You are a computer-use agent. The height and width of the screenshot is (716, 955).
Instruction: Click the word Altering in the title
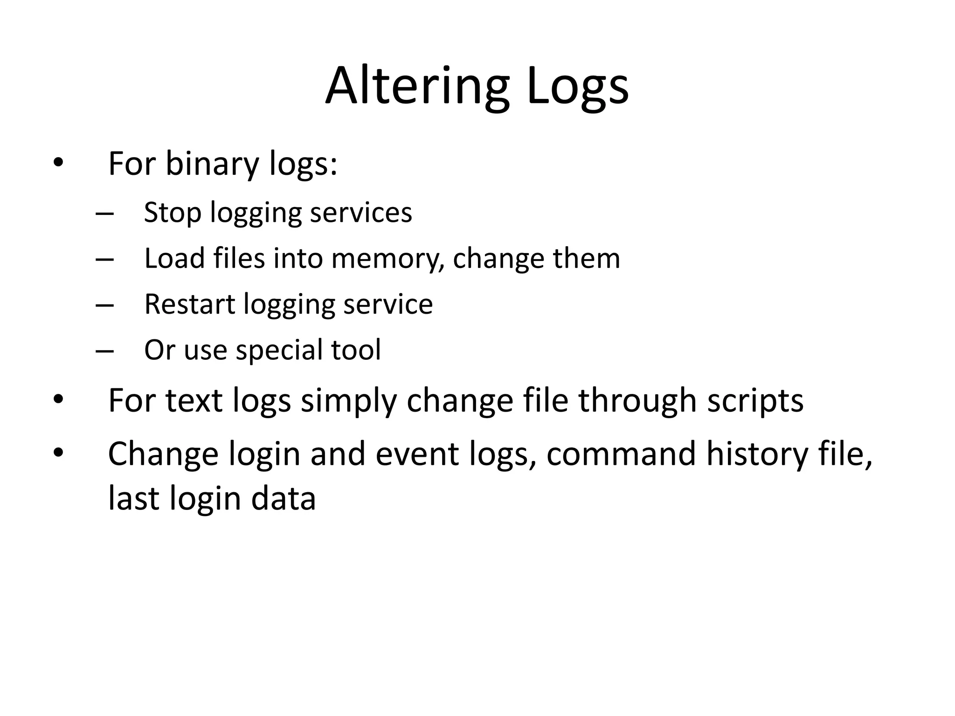click(417, 87)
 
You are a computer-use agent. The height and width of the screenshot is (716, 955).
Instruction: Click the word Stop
click(172, 213)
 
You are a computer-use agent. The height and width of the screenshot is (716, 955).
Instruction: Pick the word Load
click(174, 258)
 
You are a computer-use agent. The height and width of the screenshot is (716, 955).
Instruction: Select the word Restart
click(189, 304)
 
